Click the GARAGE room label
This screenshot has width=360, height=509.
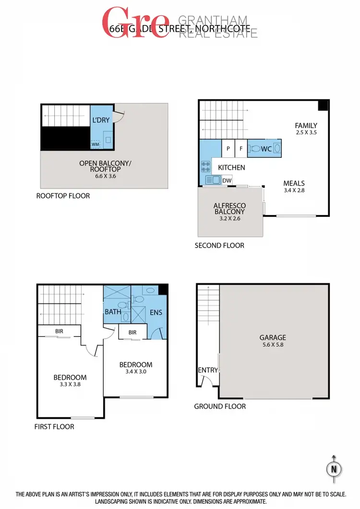(x=273, y=337)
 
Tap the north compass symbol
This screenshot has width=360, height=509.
(x=334, y=468)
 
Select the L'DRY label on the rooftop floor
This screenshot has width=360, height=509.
(x=100, y=120)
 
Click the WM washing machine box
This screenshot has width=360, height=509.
(x=95, y=143)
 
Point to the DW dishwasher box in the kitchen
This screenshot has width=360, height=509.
(x=227, y=179)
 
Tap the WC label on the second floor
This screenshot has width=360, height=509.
(x=266, y=149)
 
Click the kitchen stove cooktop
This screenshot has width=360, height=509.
(x=205, y=166)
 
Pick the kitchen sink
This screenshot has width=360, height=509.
(x=212, y=179)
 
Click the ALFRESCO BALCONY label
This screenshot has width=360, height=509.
(x=229, y=208)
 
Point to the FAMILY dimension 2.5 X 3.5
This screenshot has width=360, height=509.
(x=306, y=133)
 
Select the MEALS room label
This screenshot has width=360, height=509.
(x=294, y=183)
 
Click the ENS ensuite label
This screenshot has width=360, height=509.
(x=156, y=312)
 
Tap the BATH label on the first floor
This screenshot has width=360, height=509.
(x=113, y=311)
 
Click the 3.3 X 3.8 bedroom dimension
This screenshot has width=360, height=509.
(x=70, y=384)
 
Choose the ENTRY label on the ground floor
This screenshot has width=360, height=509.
(x=207, y=370)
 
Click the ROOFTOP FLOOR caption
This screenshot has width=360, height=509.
(x=63, y=196)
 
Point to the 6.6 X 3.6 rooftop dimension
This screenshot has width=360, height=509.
(x=105, y=176)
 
